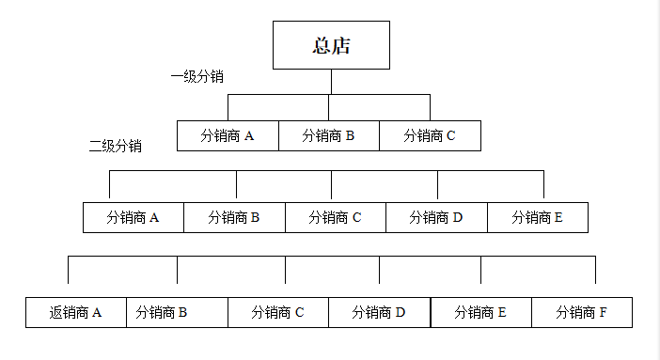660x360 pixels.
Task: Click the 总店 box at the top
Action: [x=331, y=45]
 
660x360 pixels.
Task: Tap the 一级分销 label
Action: [x=196, y=76]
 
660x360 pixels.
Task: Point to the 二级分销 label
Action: [x=115, y=146]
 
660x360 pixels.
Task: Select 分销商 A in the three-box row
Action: [x=228, y=135]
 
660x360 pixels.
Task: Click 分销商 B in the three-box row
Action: [x=329, y=135]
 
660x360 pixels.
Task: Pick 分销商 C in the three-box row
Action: [x=430, y=135]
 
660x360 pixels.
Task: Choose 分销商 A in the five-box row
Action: [x=134, y=217]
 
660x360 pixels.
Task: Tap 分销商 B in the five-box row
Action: [x=234, y=217]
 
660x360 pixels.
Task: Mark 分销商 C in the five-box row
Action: [x=336, y=217]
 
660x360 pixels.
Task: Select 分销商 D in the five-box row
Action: [x=436, y=217]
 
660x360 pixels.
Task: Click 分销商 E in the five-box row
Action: [x=538, y=217]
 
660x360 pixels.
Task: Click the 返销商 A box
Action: [x=76, y=312]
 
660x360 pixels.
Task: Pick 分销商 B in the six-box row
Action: [x=177, y=312]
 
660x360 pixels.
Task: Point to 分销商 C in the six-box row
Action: [x=278, y=312]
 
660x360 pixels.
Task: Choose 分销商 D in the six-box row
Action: [x=379, y=312]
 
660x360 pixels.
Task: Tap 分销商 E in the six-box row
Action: [x=481, y=312]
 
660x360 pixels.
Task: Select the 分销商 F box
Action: [x=582, y=312]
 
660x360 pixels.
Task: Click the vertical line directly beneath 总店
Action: [x=330, y=82]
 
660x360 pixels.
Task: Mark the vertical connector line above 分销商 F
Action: [x=595, y=269]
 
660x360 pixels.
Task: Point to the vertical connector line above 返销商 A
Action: [x=68, y=269]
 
